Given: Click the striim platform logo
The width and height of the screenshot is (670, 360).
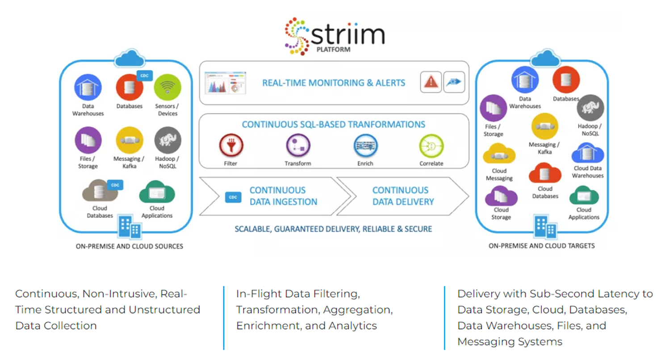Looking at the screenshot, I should pos(334,36).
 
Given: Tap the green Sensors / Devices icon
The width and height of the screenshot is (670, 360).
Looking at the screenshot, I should pos(167,88).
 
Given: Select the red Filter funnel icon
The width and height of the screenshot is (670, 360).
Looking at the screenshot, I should pos(230,146).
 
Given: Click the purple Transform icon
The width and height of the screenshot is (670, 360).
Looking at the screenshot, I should pos(298,146).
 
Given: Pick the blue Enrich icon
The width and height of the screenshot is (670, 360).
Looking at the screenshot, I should pos(365,146).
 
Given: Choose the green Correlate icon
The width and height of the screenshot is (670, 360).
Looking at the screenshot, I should pos(431,146).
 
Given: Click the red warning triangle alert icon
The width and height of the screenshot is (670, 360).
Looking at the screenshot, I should pos(431,82).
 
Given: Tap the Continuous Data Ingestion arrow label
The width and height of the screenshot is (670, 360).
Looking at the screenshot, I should pos(283,196).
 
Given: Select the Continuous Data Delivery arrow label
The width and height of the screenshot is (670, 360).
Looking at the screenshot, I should pos(403,196).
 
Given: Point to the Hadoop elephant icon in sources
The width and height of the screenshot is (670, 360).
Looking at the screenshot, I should pos(167,140).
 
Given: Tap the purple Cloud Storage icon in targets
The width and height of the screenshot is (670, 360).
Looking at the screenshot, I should pos(501,197).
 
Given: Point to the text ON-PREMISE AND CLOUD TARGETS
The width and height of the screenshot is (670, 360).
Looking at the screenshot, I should pos(542,246).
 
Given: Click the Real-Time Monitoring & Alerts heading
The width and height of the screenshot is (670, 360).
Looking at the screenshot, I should pos(334,83).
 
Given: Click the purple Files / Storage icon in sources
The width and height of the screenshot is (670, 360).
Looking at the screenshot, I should pos(88,140).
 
